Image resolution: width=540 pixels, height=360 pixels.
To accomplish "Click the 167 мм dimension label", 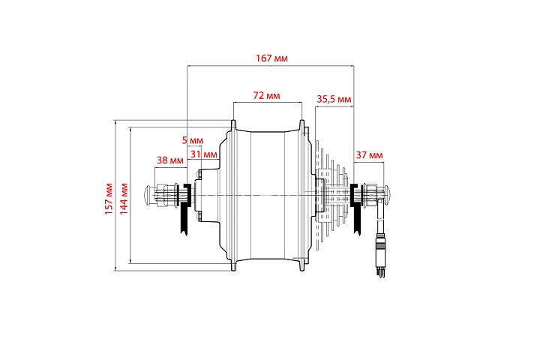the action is [x=271, y=58].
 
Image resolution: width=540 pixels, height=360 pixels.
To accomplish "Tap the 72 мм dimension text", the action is [x=266, y=95].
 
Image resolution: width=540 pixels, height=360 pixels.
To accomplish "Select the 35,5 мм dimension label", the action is [x=334, y=99].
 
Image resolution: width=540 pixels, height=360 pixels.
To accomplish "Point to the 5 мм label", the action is [x=193, y=140].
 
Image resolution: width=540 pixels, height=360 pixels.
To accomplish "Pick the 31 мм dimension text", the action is [x=204, y=154].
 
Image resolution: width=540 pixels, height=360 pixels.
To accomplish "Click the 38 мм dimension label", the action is [x=170, y=160].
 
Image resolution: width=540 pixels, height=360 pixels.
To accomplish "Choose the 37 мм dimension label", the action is [x=369, y=155].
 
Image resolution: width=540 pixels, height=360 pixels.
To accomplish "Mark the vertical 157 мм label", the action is [x=109, y=199].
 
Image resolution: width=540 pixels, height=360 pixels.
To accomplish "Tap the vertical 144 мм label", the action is [x=124, y=199].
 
